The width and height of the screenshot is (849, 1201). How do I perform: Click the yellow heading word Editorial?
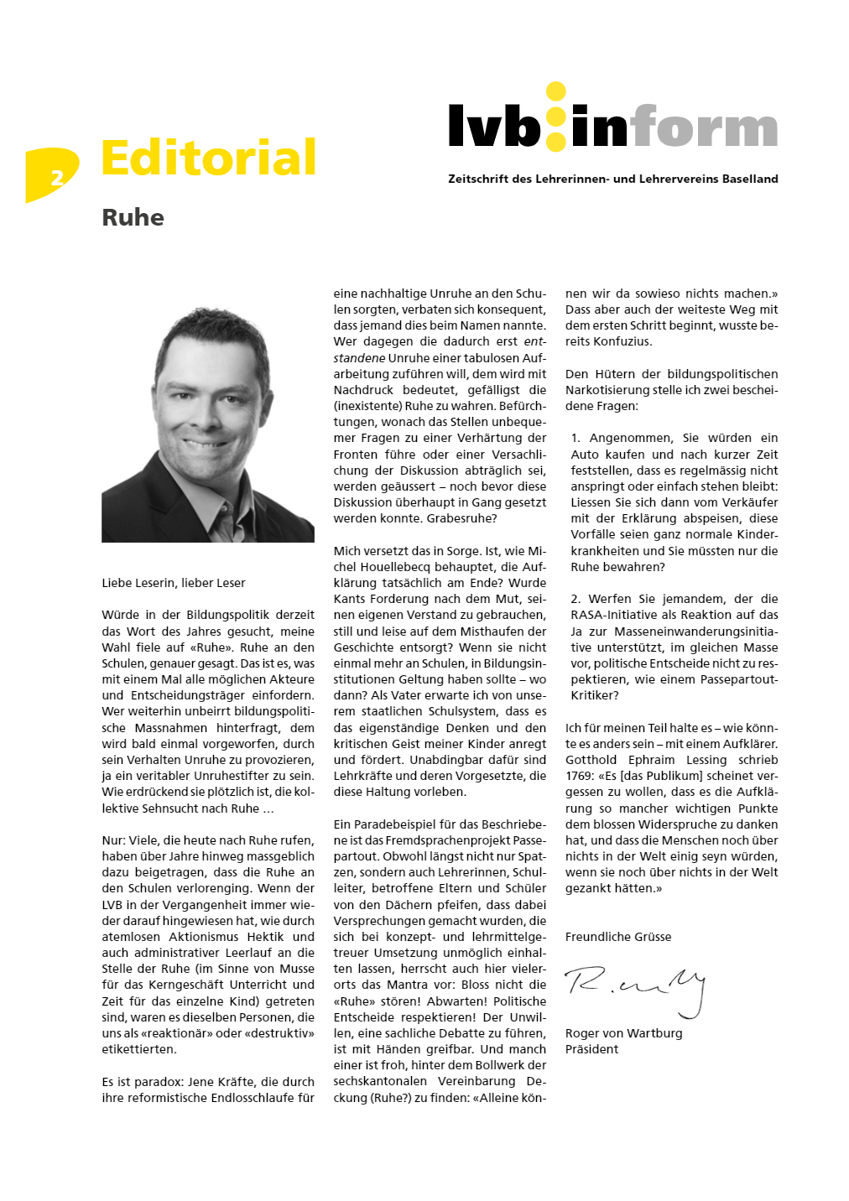pyautogui.click(x=208, y=158)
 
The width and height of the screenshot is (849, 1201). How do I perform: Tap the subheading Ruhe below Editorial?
pyautogui.click(x=133, y=218)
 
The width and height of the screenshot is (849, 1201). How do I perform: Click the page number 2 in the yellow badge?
pyautogui.click(x=56, y=177)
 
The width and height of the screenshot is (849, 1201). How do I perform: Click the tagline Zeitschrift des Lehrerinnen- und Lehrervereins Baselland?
pyautogui.click(x=612, y=179)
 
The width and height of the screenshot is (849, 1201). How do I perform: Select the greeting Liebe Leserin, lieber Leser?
pyautogui.click(x=174, y=583)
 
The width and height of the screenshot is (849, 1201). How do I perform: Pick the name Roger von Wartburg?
pyautogui.click(x=623, y=1033)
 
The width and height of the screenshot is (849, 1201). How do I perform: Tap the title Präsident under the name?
pyautogui.click(x=591, y=1049)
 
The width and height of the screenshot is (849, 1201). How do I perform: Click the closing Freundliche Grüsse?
pyautogui.click(x=618, y=937)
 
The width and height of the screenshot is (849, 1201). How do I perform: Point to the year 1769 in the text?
pyautogui.click(x=579, y=777)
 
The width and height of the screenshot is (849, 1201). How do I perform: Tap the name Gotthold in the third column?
pyautogui.click(x=591, y=760)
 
